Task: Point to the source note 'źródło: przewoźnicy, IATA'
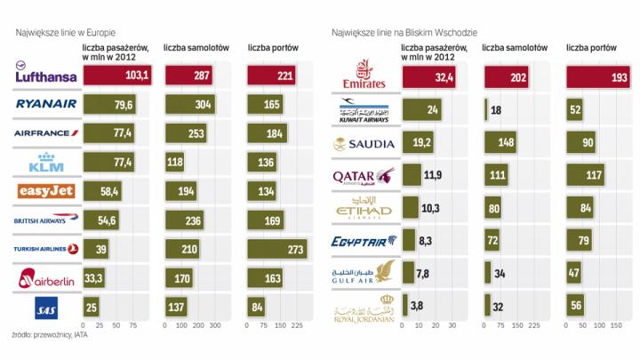[50, 335]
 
